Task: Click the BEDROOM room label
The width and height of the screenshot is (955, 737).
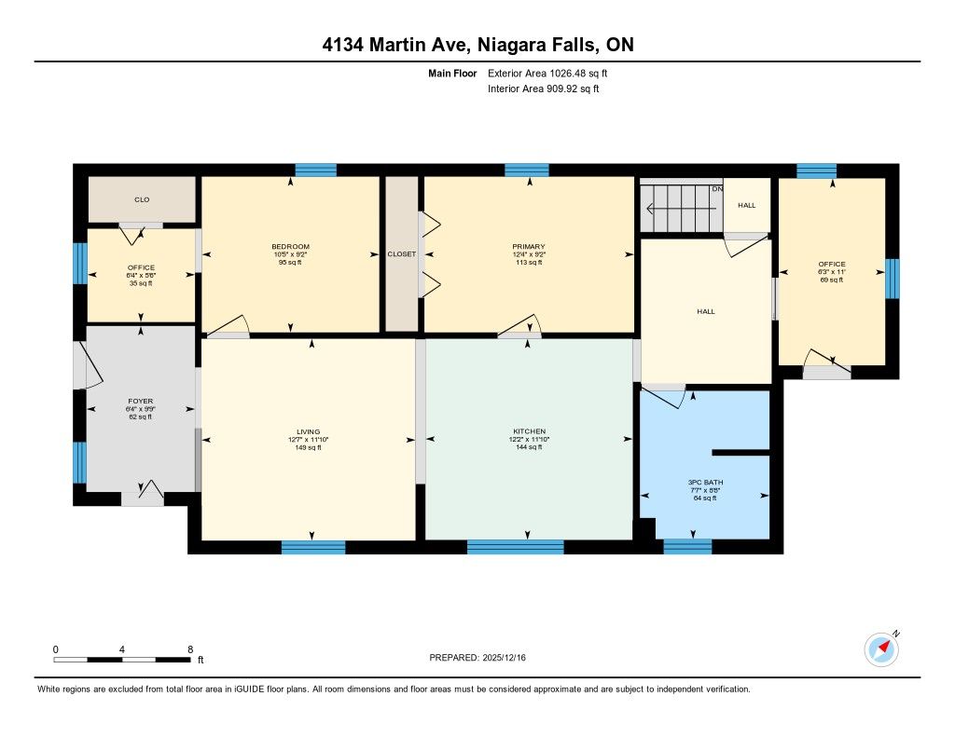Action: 291,247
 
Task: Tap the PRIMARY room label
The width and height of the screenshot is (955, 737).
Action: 529,247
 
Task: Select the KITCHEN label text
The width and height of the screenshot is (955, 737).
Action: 530,430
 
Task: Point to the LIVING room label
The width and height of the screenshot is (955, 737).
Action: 308,431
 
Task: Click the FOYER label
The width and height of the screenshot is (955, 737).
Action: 141,401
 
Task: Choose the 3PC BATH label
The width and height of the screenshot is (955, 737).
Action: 705,482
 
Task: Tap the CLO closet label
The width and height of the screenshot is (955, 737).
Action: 142,199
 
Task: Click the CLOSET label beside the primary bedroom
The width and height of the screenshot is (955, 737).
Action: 402,253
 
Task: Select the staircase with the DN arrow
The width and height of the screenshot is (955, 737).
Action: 681,208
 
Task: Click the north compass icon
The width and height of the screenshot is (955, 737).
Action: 882,648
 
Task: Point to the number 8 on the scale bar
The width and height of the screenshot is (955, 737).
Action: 190,649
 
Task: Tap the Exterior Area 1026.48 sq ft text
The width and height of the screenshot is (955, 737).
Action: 547,74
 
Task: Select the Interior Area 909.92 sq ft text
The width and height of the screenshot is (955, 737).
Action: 544,89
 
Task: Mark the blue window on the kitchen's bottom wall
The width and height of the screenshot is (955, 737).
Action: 515,547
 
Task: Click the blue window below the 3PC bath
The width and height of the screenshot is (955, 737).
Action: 687,547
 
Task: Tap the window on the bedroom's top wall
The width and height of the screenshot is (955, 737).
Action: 316,171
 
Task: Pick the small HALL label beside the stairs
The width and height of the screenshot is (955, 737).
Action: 747,205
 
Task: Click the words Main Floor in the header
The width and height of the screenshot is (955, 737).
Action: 452,74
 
